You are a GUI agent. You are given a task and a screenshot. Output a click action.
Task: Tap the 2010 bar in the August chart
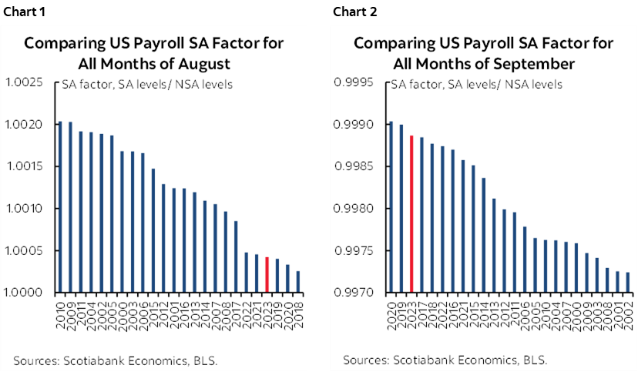coord(61,207)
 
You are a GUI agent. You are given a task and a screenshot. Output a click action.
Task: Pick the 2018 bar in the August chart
coord(298,282)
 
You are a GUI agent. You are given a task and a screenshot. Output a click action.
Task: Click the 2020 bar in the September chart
coord(391,207)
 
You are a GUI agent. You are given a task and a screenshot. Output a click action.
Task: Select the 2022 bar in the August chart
coord(246,273)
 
